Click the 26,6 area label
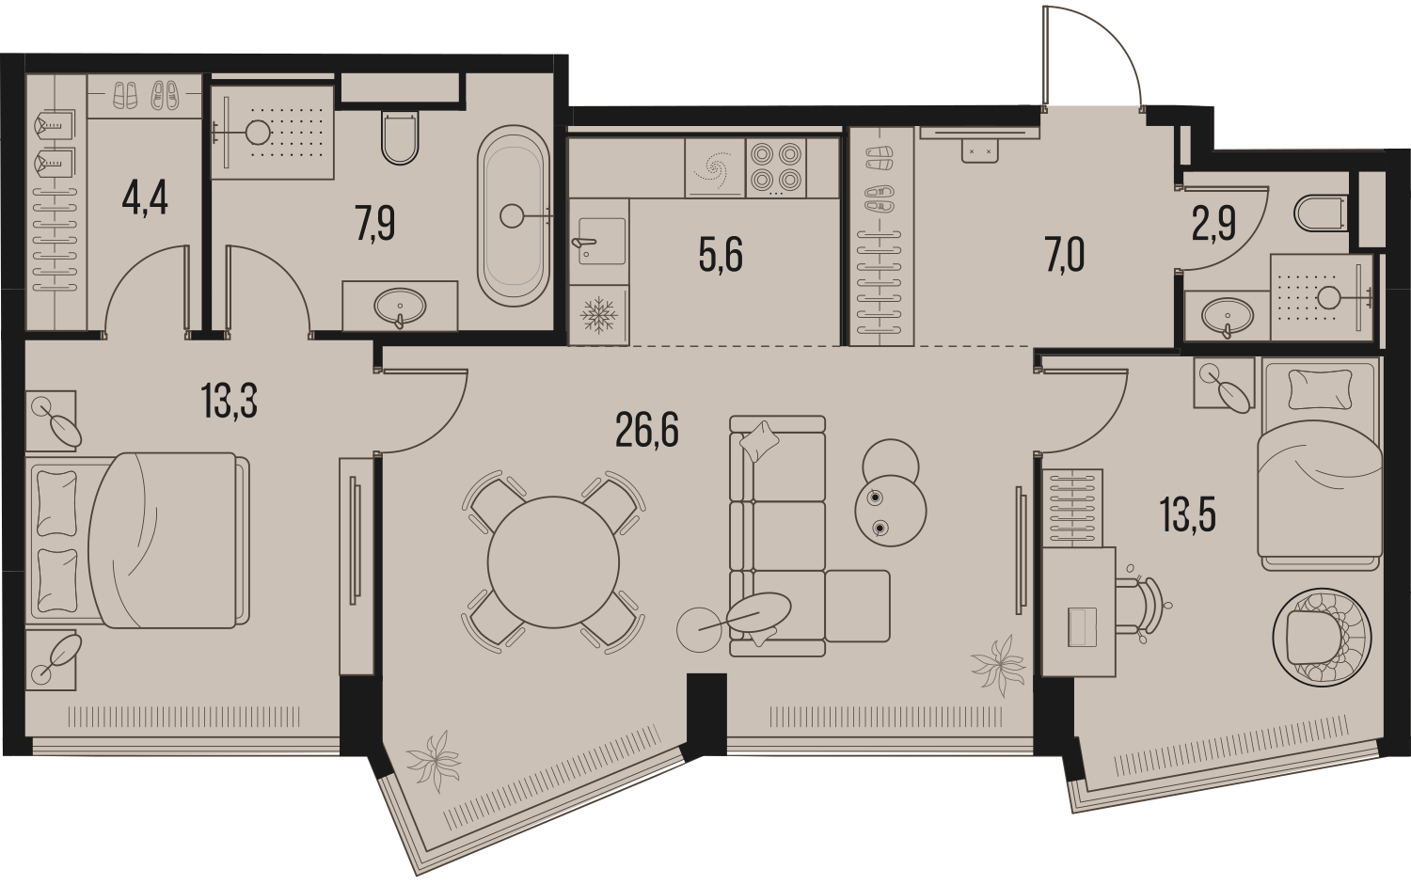click(x=647, y=431)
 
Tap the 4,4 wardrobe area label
click(x=144, y=200)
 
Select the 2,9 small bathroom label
click(x=1213, y=225)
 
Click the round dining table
click(x=553, y=562)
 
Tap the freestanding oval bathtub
click(x=514, y=216)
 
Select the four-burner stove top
click(x=775, y=168)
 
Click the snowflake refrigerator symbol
click(x=598, y=314)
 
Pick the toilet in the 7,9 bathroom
click(x=400, y=138)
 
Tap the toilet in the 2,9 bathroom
click(x=1321, y=214)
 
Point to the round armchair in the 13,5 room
click(x=1322, y=636)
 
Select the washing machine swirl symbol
click(x=715, y=168)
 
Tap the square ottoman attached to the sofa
click(x=857, y=606)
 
